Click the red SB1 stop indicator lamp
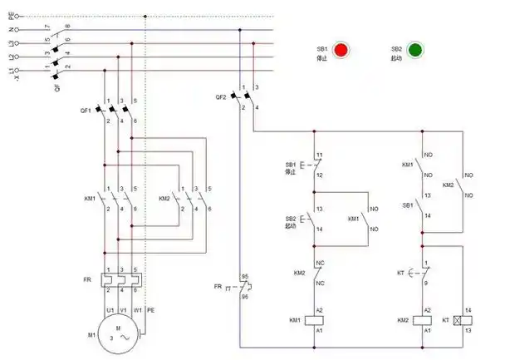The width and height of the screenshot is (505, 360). (341, 50)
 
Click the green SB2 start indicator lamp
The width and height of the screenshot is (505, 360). (415, 50)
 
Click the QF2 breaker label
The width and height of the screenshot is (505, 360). (221, 97)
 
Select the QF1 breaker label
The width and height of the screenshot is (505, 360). (86, 110)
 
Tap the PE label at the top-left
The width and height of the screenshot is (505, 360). (11, 15)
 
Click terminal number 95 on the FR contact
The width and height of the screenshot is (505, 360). (245, 275)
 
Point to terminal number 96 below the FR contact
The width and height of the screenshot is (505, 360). (245, 296)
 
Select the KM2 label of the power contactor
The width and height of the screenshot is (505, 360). (164, 199)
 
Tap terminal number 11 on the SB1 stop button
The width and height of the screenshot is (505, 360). (319, 155)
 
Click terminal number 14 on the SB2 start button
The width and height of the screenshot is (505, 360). (319, 228)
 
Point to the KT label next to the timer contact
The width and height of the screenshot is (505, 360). (401, 272)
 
